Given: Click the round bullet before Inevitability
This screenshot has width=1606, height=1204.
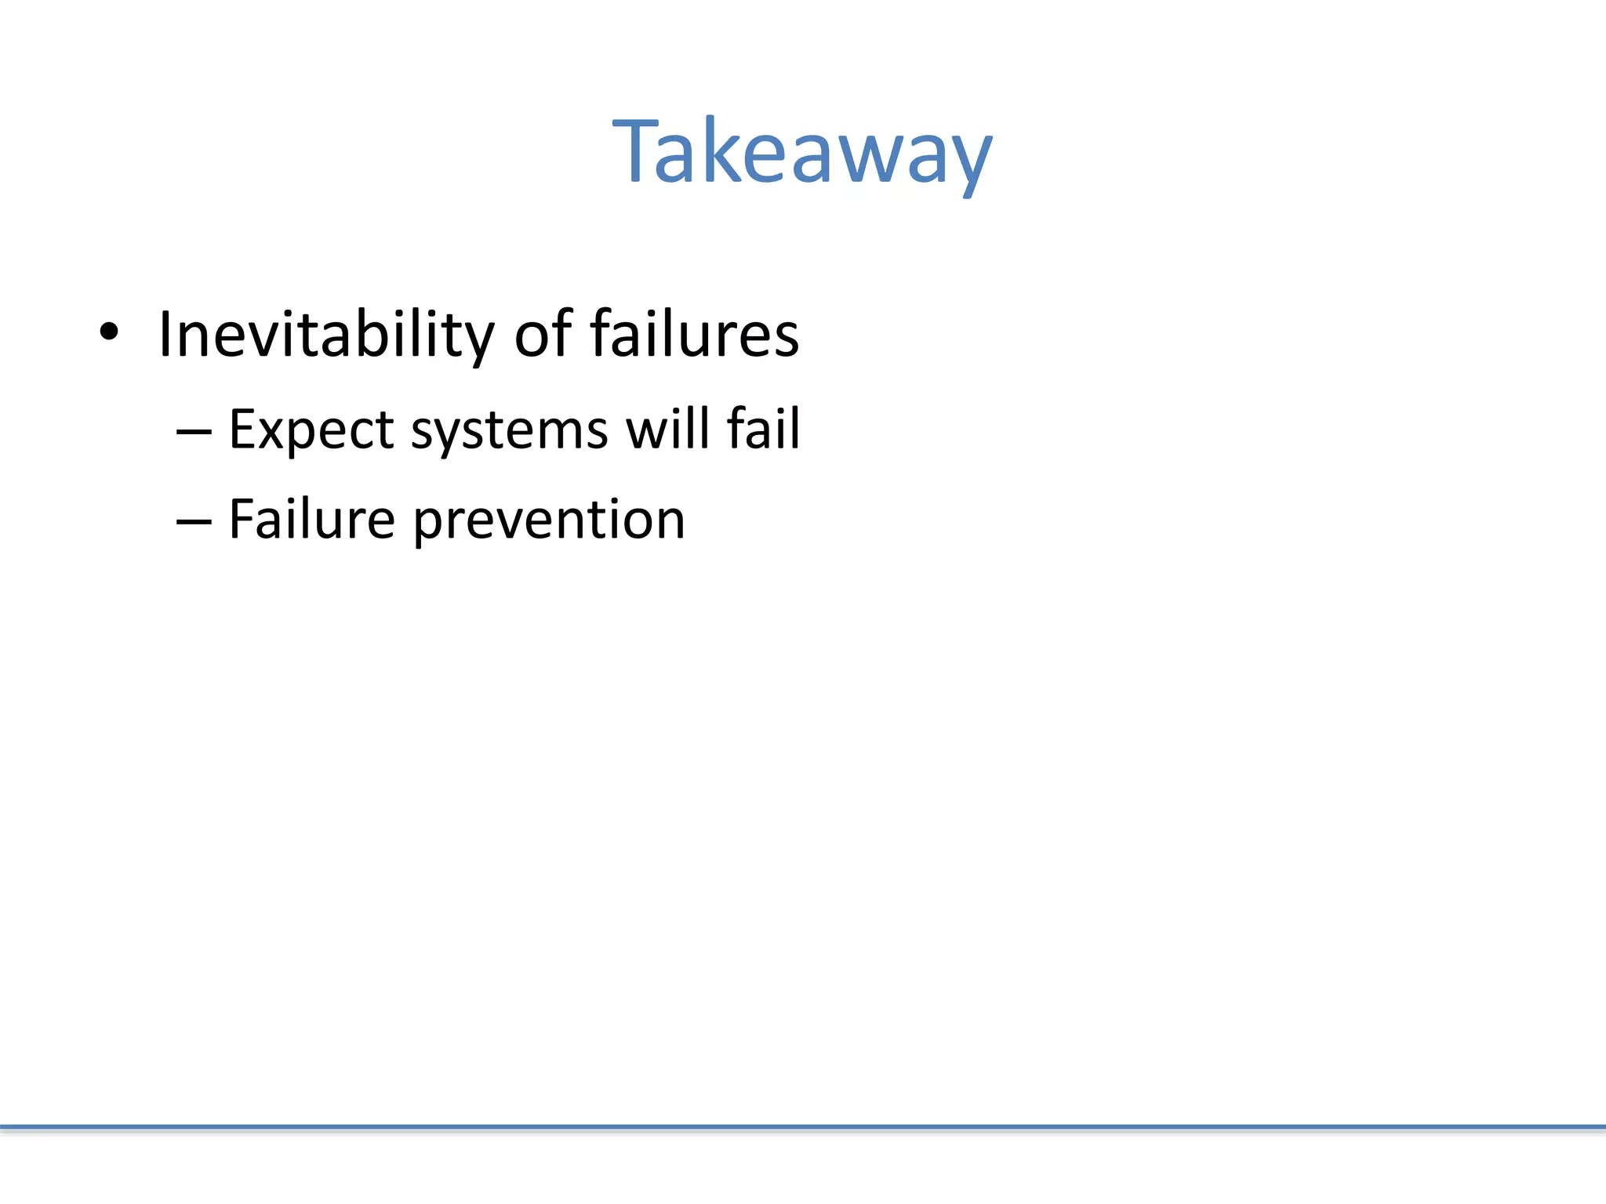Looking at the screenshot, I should coord(109,332).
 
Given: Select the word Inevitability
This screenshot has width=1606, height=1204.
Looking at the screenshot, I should coord(326,335).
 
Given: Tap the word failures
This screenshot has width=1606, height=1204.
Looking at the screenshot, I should coord(694,334).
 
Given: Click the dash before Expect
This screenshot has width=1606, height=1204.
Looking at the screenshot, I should coord(194,431).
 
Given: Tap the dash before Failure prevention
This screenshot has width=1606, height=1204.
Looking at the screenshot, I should coord(194,520).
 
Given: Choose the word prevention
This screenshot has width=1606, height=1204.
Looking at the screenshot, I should coord(549,522).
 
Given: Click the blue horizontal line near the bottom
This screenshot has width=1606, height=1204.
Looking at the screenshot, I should coord(803,1127).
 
